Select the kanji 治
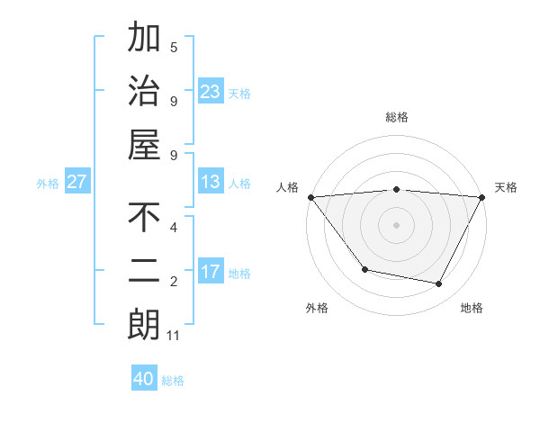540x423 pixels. pos(144,91)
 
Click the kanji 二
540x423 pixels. pos(144,271)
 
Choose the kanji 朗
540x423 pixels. pos(144,325)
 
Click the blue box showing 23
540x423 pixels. pos(211,91)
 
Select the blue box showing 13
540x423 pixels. pos(211,182)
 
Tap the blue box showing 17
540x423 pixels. pos(211,271)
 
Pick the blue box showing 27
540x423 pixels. pos(77,182)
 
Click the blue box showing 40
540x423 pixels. pos(144,379)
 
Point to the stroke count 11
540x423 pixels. pos(174,337)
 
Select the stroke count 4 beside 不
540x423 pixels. pos(174,227)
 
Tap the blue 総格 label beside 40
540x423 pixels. pos(173,381)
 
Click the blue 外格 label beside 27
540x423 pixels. pos(48,184)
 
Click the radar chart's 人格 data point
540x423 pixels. pos(310,197)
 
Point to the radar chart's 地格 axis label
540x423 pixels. pos(472,308)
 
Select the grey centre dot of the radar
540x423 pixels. pos(396,224)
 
